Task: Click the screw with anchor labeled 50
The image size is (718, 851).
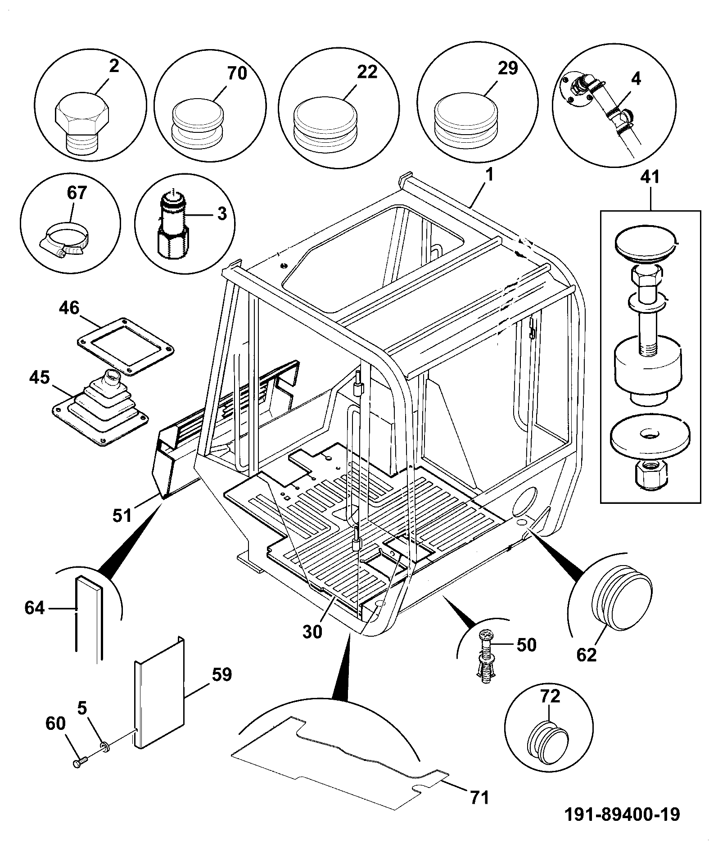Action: click(484, 661)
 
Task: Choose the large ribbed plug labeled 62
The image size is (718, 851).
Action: click(621, 595)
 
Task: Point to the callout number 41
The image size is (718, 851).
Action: click(650, 177)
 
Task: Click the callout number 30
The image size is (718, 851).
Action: click(312, 632)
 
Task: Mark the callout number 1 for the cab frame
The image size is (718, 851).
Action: click(489, 175)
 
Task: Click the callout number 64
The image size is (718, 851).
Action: click(35, 608)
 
